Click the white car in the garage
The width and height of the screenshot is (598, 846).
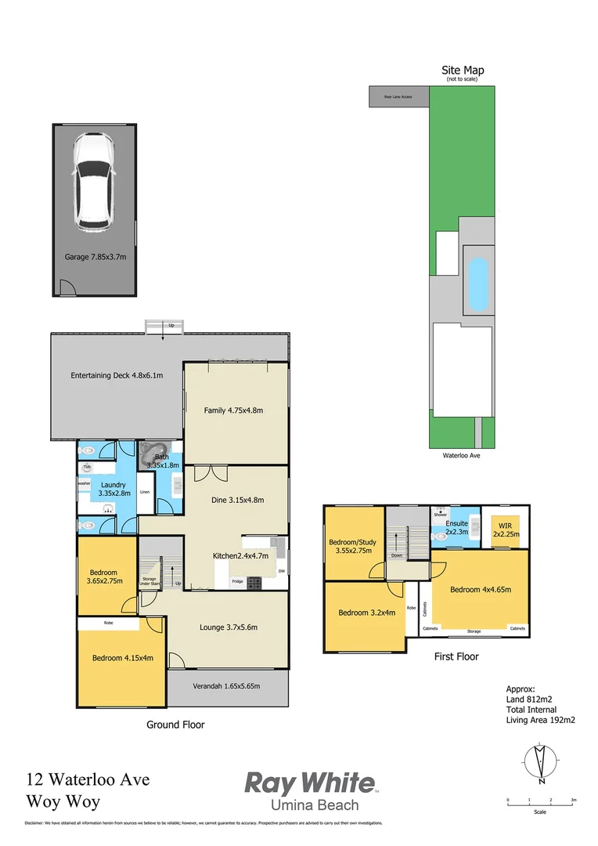click(x=93, y=183)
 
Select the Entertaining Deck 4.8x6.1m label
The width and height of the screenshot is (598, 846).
click(x=117, y=375)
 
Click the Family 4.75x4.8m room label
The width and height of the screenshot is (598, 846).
click(x=233, y=410)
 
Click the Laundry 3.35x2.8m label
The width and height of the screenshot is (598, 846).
click(x=113, y=490)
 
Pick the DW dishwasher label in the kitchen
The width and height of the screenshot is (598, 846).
click(x=280, y=571)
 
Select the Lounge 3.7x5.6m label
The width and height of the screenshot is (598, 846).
click(x=229, y=627)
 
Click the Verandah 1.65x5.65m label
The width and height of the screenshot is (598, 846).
click(x=227, y=686)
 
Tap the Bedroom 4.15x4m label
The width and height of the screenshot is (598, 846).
click(x=122, y=658)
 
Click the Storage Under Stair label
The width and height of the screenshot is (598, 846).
click(x=149, y=582)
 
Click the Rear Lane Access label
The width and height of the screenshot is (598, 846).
click(x=398, y=97)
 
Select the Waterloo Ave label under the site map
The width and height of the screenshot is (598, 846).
click(x=462, y=454)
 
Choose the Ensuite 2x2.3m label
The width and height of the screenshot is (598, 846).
click(x=457, y=527)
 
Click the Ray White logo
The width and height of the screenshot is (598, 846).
click(x=310, y=789)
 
